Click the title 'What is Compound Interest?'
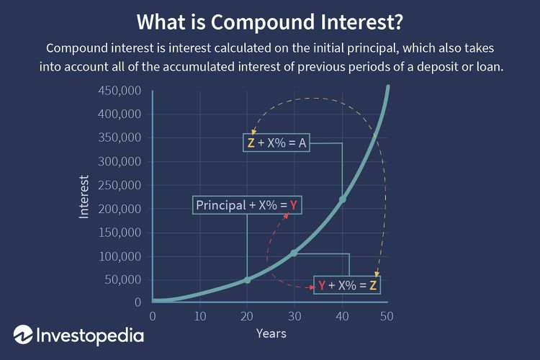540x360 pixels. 269,22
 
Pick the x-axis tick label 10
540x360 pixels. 200,315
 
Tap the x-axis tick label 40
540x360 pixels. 342,315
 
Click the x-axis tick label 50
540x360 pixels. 387,315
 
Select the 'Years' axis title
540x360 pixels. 271,333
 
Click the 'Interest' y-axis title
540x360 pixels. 84,196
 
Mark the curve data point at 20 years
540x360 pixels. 247,279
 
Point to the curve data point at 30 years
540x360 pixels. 294,253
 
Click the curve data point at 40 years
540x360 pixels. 342,199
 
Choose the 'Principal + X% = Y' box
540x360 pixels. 247,206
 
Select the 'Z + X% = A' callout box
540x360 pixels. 277,142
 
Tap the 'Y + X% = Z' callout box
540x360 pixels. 347,285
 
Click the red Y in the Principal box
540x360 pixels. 294,206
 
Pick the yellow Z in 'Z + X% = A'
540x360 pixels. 251,143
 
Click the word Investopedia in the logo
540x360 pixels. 90,336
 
